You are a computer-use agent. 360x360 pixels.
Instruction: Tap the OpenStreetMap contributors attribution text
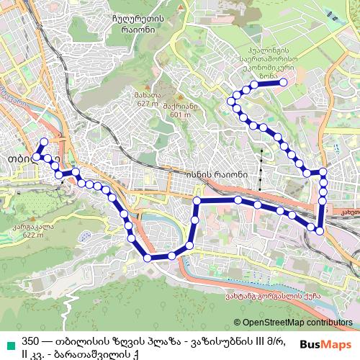coord(296,323)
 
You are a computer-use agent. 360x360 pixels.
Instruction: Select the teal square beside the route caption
coord(9,341)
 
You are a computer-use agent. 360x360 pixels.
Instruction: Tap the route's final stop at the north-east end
coord(284,83)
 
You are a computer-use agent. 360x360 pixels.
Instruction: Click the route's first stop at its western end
coord(42,142)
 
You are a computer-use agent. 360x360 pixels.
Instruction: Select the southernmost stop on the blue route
coord(148,257)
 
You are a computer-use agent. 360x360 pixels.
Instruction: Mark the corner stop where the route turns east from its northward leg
coord(197,201)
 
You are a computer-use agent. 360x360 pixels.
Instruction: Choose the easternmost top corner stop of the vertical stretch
coord(323,171)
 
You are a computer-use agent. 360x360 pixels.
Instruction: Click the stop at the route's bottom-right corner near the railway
coord(320,231)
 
